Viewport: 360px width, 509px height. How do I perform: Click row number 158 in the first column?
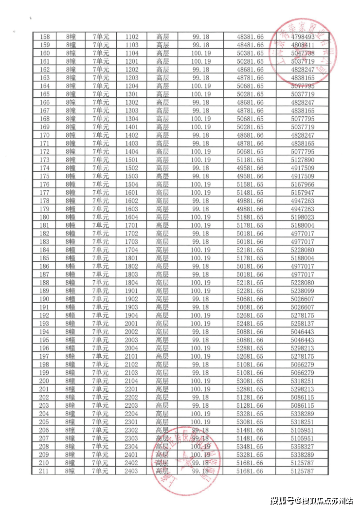click(45, 37)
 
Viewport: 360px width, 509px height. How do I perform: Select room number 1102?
click(132, 37)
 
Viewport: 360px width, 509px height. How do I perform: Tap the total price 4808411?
click(303, 45)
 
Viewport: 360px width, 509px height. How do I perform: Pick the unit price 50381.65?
click(250, 54)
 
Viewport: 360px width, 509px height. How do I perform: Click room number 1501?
click(132, 160)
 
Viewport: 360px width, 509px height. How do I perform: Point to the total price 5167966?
click(303, 184)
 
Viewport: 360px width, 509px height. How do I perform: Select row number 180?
click(45, 217)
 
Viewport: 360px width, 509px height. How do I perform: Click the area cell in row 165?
click(200, 94)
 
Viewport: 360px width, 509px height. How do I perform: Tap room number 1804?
click(132, 283)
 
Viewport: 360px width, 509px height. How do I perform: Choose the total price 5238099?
click(303, 291)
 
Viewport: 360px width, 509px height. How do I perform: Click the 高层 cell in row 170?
click(162, 135)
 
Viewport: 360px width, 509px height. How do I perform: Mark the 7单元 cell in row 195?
click(101, 340)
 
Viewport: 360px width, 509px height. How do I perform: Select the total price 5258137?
click(303, 324)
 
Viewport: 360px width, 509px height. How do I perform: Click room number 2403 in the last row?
click(132, 471)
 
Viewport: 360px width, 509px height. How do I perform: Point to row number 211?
click(45, 471)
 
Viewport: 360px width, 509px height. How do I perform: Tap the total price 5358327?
click(303, 446)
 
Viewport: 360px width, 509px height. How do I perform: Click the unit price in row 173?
click(250, 160)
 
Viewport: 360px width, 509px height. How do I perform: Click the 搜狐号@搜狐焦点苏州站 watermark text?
click(311, 500)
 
